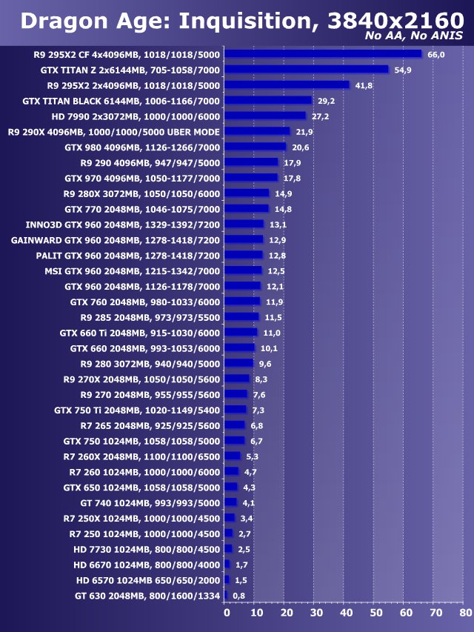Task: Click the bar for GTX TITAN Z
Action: click(306, 69)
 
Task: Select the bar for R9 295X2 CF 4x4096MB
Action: click(323, 53)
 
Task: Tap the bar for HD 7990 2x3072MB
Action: click(265, 116)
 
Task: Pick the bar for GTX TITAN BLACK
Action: click(268, 100)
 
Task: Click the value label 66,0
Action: click(435, 54)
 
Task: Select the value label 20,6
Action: click(300, 147)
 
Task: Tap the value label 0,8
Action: click(238, 595)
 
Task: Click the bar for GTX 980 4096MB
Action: click(255, 147)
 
